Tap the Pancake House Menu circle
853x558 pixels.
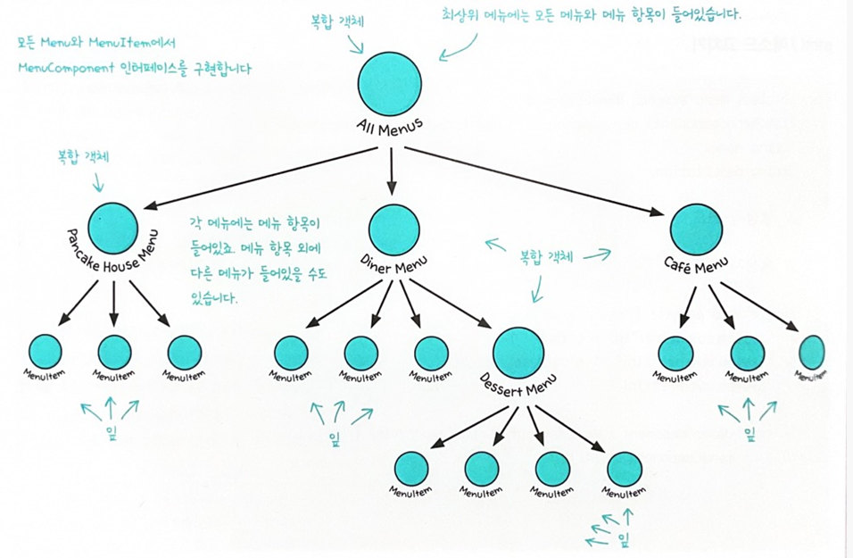tap(113, 226)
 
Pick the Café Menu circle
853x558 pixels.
tap(696, 229)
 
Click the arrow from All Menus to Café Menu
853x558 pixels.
tap(535, 179)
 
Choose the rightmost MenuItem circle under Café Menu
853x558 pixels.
tap(811, 353)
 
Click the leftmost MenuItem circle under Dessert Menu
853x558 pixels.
tap(411, 468)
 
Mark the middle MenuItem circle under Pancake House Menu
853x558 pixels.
tap(114, 353)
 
